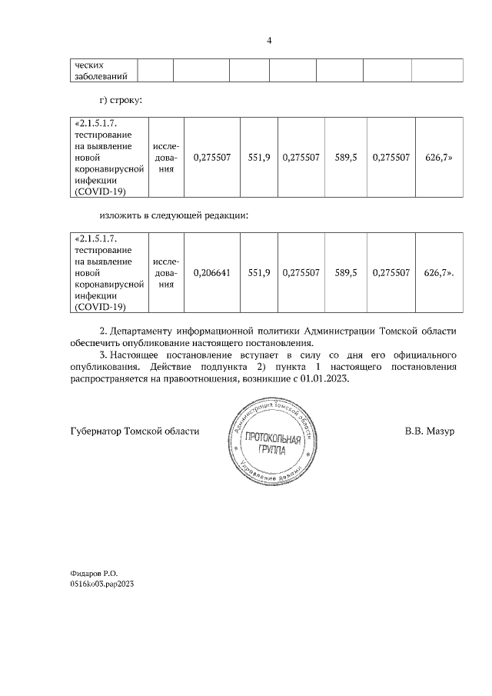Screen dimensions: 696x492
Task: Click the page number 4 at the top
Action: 269,40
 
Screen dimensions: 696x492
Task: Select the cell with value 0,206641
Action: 211,272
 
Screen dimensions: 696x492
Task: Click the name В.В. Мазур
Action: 430,431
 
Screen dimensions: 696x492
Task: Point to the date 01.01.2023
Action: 323,379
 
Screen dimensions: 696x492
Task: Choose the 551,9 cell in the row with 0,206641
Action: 259,272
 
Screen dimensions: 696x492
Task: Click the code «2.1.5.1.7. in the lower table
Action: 98,238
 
